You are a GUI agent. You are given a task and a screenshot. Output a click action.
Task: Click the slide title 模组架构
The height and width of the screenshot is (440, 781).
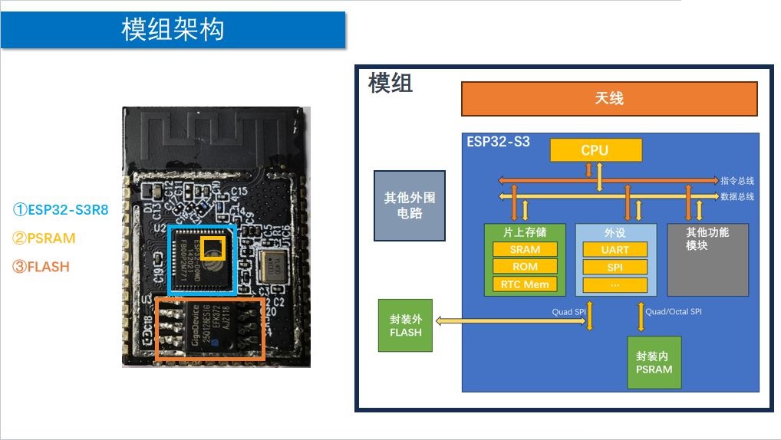173,30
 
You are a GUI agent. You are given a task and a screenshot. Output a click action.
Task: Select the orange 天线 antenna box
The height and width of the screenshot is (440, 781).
608,99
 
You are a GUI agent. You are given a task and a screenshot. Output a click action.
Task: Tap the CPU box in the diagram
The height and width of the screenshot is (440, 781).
595,150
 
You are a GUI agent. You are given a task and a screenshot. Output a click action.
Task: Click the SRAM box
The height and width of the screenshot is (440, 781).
525,249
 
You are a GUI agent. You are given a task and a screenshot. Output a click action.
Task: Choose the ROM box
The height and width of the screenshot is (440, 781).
525,267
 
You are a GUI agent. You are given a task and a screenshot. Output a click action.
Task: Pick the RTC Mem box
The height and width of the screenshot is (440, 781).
525,284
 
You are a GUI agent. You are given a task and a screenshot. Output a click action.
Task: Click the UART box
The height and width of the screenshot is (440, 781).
615,249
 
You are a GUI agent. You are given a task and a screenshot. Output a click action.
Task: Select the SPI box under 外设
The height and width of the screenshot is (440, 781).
615,267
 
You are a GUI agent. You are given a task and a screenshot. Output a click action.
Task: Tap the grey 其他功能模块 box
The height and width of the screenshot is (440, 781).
707,260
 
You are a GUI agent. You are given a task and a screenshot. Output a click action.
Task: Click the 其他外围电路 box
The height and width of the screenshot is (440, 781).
409,205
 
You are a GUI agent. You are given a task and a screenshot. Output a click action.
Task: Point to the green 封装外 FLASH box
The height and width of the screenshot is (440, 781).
405,325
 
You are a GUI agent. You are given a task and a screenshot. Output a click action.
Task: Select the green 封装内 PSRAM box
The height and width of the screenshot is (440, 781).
654,363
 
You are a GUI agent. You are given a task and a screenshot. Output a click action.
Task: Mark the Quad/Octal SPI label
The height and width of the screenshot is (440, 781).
673,312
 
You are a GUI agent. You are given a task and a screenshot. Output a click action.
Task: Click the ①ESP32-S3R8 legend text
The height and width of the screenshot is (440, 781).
61,209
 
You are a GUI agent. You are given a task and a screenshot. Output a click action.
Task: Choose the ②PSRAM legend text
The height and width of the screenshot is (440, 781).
44,238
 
